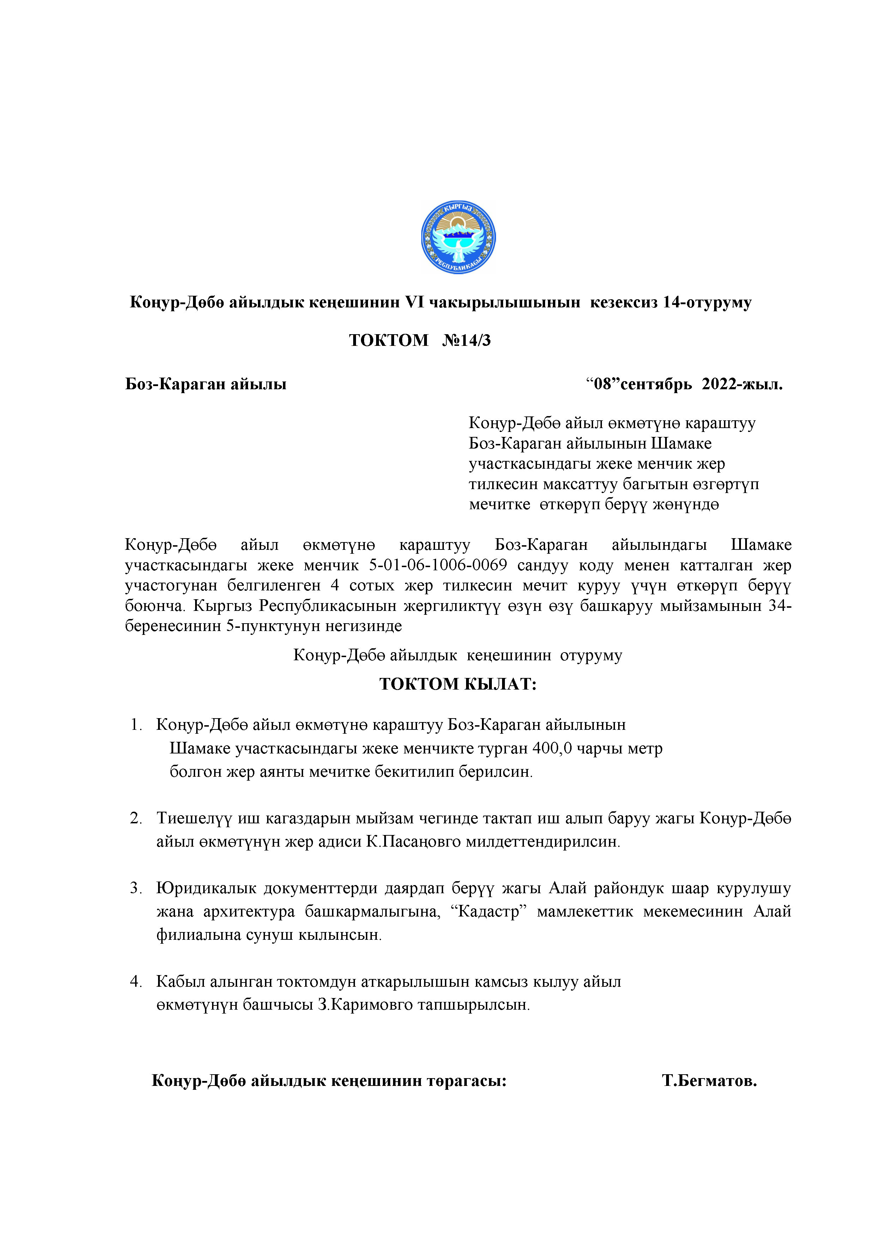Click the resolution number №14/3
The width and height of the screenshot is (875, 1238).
466,340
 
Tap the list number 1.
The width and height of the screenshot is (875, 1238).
135,725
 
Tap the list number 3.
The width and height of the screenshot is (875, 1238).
135,888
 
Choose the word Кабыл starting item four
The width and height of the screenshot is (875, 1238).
181,981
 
